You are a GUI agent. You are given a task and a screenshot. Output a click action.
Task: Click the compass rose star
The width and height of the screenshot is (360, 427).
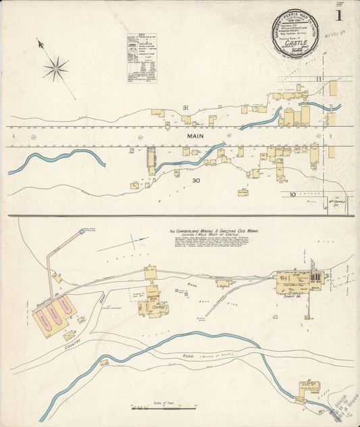(56, 68)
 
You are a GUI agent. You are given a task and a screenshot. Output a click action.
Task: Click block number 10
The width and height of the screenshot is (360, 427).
(292, 195)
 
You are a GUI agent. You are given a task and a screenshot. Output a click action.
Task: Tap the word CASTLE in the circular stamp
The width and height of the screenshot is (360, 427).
(298, 42)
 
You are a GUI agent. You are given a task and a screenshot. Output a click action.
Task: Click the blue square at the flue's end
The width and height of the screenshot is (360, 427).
(82, 231)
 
